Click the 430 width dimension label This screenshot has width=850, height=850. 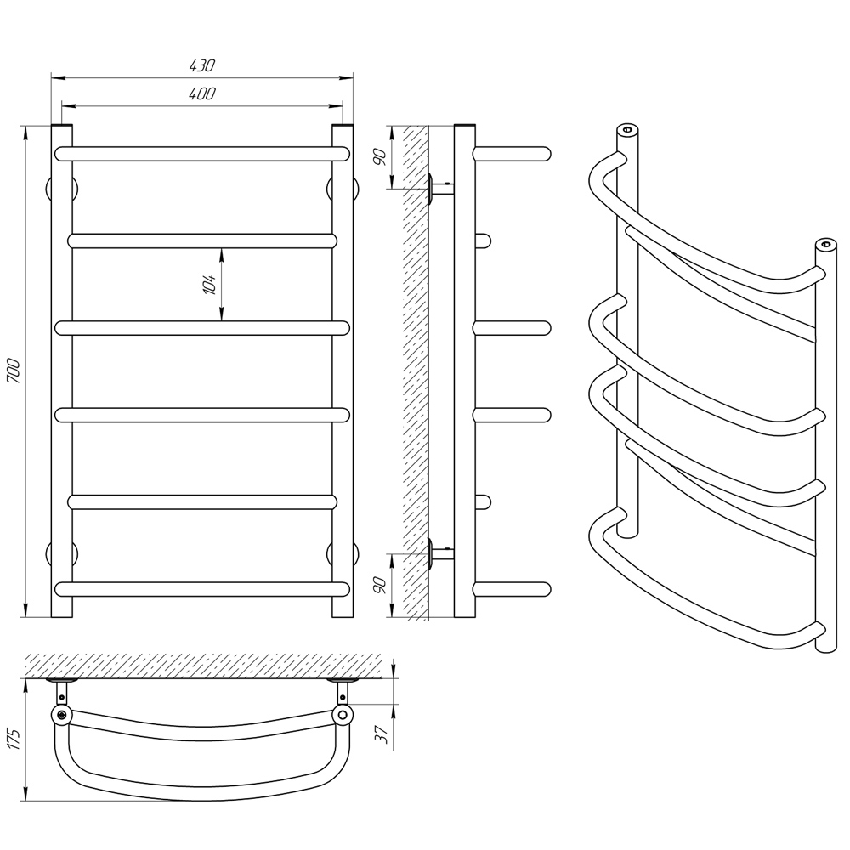click(202, 65)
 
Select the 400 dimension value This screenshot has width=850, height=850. click(202, 93)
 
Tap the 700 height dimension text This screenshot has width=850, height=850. click(14, 371)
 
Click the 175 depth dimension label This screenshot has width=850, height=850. click(14, 738)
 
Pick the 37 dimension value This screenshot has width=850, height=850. click(382, 734)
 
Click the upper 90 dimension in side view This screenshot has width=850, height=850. click(381, 157)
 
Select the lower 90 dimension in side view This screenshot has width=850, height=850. click(381, 585)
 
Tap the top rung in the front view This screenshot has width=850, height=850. click(202, 154)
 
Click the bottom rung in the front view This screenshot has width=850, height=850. click(202, 589)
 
